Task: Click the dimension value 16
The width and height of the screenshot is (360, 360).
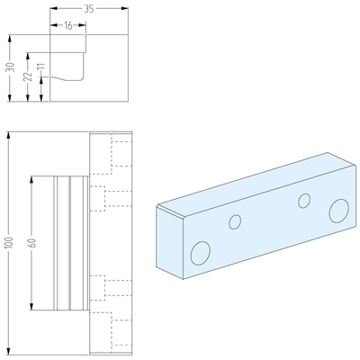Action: click(68, 26)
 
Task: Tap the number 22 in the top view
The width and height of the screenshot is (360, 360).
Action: click(28, 77)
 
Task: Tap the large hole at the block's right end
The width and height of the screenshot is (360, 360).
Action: click(338, 211)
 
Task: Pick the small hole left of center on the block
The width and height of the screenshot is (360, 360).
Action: click(236, 221)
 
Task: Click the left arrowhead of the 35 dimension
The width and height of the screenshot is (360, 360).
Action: click(52, 8)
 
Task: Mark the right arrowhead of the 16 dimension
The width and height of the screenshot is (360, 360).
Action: click(85, 26)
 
